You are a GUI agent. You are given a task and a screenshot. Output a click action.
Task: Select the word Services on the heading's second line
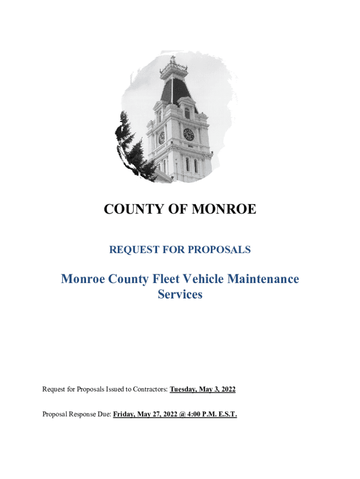[x=180, y=295]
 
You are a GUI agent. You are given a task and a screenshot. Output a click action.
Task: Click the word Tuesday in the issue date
[x=184, y=389]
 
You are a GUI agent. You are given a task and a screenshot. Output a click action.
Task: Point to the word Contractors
[x=149, y=389]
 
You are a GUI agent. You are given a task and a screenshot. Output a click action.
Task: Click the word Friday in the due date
[x=125, y=414]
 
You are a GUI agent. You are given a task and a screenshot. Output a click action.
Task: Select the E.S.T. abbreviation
[x=226, y=414]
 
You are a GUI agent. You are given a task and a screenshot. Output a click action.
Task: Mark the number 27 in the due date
[x=156, y=414]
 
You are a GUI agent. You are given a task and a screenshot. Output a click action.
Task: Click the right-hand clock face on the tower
[x=188, y=135]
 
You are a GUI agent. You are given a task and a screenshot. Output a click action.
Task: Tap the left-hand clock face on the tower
[x=162, y=138]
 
